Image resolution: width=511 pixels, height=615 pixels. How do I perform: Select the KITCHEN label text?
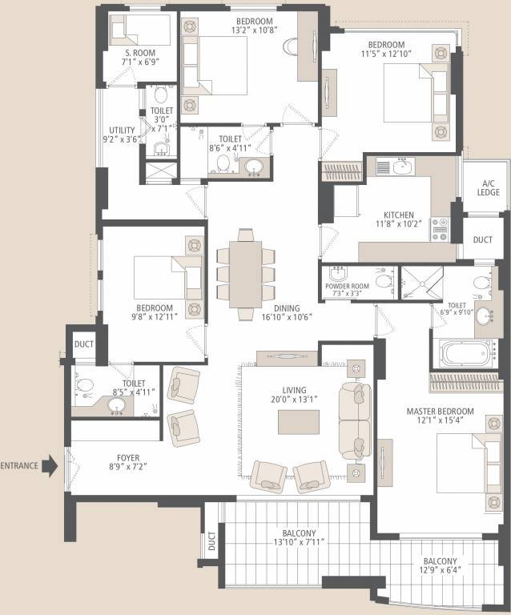pos(398,215)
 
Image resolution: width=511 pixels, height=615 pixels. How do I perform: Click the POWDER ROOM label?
pos(347,284)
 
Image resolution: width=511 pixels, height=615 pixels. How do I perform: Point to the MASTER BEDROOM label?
pos(440,412)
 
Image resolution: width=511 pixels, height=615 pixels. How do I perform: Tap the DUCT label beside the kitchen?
pos(483,239)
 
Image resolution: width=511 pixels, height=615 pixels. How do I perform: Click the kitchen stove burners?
pos(440,229)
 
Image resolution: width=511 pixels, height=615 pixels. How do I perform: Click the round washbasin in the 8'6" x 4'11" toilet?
pos(253,167)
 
